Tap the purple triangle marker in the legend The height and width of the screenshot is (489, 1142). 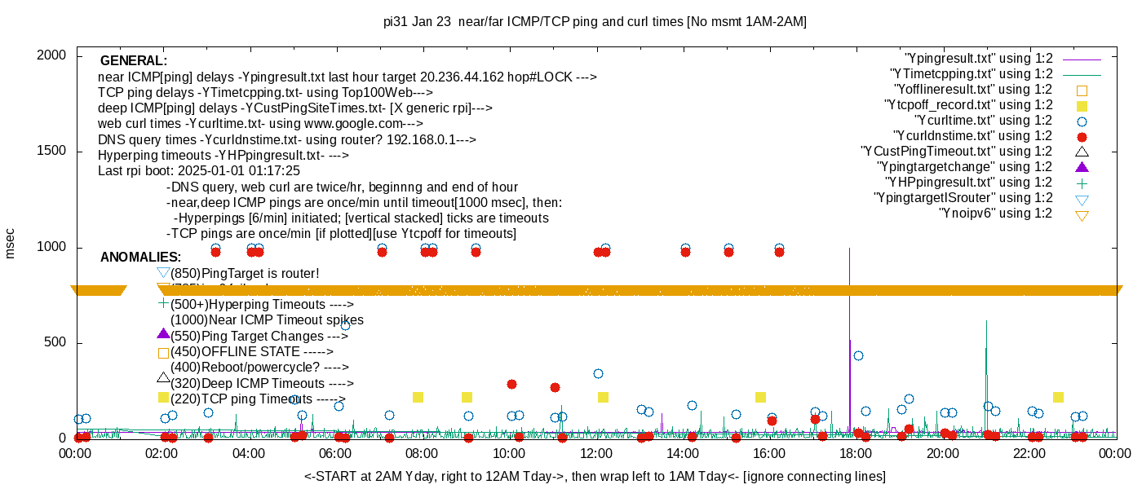pyautogui.click(x=1082, y=167)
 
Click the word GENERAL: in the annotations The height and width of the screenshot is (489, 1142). pyautogui.click(x=133, y=61)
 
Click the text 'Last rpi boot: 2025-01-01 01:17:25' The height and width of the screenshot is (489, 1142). pyautogui.click(x=199, y=171)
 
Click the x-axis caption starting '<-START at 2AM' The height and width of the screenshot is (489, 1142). pyautogui.click(x=595, y=476)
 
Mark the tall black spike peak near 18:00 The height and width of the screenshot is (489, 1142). pyautogui.click(x=850, y=249)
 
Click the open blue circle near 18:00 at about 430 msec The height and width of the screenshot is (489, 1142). pyautogui.click(x=858, y=355)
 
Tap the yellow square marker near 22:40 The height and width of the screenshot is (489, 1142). pyautogui.click(x=1058, y=398)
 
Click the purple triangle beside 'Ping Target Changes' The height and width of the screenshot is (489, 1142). pyautogui.click(x=163, y=334)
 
